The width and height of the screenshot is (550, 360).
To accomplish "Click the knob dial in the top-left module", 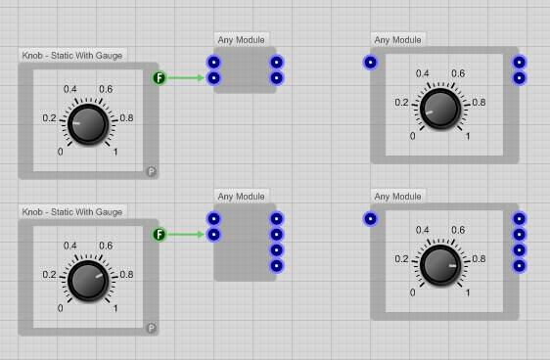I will point(88,124).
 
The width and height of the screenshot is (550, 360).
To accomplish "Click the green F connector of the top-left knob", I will point(160,77).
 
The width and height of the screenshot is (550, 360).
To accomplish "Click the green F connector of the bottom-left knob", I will point(160,234).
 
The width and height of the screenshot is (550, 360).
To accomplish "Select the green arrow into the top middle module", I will point(188,77).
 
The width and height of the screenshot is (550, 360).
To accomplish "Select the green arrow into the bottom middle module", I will point(188,234).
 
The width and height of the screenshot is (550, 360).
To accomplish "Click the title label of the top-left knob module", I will point(72,56).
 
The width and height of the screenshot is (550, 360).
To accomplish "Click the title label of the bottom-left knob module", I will point(72,212).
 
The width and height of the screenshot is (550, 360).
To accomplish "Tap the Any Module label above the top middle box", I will point(241,40).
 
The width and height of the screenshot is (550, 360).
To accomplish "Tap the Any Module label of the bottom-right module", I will point(397,197).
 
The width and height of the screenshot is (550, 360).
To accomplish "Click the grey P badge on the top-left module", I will point(152,171).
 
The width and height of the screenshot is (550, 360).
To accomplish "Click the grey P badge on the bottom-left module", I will point(152,328).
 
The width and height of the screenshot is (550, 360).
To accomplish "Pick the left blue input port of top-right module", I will point(370,63).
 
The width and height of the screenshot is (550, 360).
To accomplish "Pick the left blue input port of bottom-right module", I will point(370,219).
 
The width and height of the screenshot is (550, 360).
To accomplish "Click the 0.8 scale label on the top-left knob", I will point(126,118).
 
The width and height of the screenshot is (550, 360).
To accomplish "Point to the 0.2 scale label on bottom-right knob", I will point(401,259).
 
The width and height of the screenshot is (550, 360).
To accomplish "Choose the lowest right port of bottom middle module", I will point(276,265).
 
